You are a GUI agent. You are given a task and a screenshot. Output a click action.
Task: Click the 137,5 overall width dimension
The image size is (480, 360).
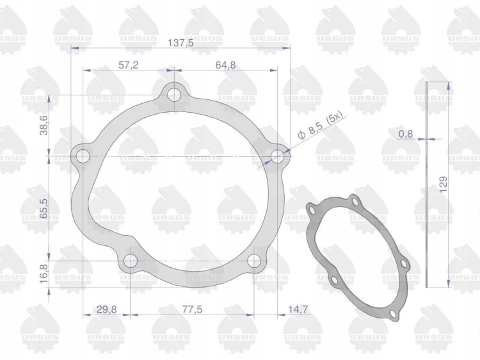click(180, 43)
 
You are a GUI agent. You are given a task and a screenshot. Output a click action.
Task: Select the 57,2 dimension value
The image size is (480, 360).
click(128, 65)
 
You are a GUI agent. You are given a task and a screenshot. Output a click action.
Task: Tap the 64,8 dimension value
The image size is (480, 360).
click(226, 65)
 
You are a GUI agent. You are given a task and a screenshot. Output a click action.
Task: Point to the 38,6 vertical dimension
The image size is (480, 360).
click(44, 125)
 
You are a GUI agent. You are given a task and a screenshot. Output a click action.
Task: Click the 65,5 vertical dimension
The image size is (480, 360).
click(44, 208)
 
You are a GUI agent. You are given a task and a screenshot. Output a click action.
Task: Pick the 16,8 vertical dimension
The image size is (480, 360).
click(44, 274)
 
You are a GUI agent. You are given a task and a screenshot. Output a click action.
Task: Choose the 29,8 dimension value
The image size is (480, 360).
click(106, 309)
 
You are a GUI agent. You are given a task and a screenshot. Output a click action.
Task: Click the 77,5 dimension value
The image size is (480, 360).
click(192, 309)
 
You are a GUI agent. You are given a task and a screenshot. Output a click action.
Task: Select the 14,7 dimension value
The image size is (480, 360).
click(298, 309)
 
